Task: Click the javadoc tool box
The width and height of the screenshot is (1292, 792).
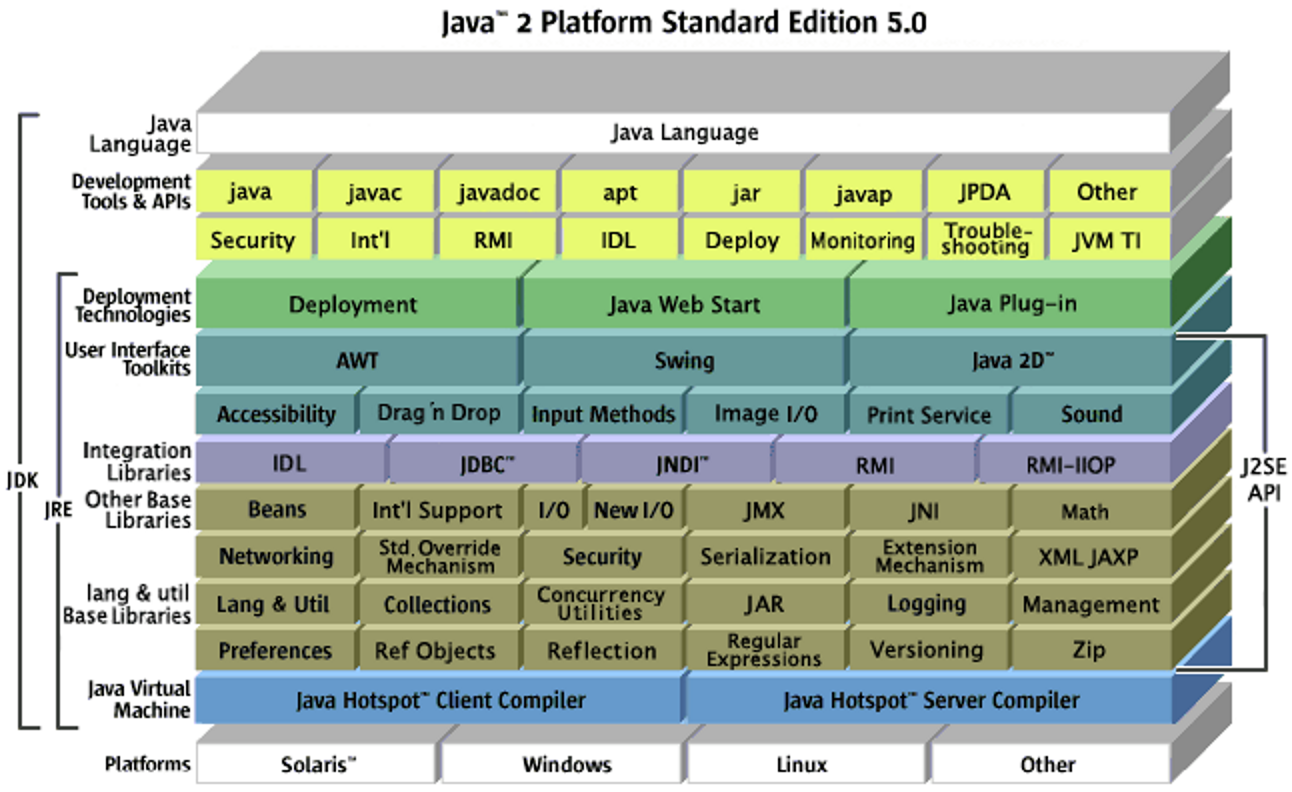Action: click(x=499, y=192)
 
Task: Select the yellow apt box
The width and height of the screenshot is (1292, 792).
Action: click(x=620, y=192)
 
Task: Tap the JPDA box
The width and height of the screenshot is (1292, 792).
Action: click(x=984, y=192)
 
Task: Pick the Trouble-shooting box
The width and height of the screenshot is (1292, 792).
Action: click(x=986, y=240)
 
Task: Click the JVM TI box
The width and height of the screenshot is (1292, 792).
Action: click(x=1107, y=240)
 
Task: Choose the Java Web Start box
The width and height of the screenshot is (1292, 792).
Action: click(x=684, y=304)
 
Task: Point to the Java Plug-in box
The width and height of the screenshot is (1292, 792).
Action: click(x=1012, y=303)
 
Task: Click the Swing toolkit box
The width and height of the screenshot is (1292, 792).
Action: click(x=684, y=360)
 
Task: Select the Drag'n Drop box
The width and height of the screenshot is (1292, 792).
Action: click(x=439, y=413)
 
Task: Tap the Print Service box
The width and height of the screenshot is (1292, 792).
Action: click(x=929, y=414)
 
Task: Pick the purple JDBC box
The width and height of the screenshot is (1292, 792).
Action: click(x=487, y=464)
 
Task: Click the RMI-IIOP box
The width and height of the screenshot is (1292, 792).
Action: click(x=1071, y=464)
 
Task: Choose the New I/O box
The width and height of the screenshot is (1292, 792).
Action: click(x=633, y=510)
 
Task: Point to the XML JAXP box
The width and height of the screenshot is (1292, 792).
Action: click(x=1089, y=557)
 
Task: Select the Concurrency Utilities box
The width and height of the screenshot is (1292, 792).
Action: click(x=601, y=603)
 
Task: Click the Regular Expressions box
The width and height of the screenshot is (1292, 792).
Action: click(x=764, y=650)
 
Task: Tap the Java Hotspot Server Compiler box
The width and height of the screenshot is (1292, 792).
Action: click(x=930, y=700)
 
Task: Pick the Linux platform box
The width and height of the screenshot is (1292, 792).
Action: click(x=802, y=765)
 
